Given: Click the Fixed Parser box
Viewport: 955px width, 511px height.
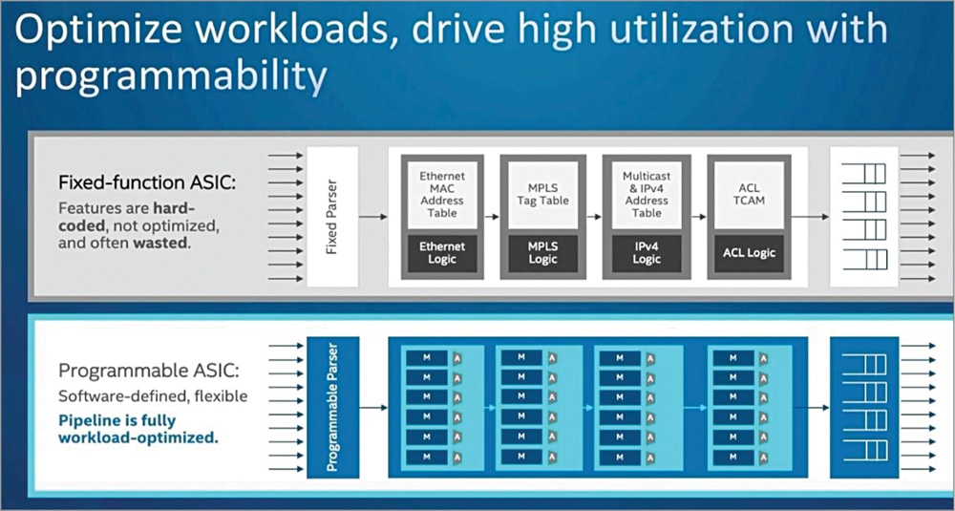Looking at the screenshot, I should (x=331, y=216).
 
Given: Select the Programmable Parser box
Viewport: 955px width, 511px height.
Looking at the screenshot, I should (x=332, y=407).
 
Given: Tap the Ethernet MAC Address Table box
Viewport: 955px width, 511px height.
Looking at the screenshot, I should (x=441, y=194).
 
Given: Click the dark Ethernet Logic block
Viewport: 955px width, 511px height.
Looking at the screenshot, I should (x=441, y=253).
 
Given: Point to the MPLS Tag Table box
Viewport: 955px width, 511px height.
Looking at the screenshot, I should (x=541, y=194).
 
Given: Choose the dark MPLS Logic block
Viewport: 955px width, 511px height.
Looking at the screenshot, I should (x=541, y=253).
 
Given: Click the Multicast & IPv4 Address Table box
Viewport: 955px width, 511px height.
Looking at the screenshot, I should (x=646, y=194).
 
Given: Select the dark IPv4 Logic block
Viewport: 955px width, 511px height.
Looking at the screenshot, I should (x=646, y=253).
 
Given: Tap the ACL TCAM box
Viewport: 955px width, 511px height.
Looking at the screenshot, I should (x=750, y=194).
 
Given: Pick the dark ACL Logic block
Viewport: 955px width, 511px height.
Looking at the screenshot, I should (x=750, y=253).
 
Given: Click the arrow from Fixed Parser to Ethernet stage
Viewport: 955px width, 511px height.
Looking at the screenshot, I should (x=373, y=217).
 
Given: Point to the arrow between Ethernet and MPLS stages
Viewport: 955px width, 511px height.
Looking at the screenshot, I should (x=492, y=217).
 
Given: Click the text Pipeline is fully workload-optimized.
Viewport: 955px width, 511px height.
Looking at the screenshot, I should (x=138, y=429).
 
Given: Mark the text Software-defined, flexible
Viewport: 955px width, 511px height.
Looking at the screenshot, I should (x=153, y=395).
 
